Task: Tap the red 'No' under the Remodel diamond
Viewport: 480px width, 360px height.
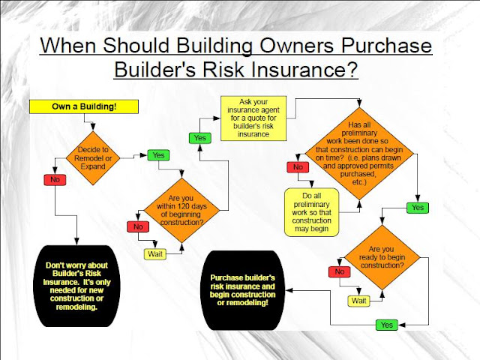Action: [x=55, y=180]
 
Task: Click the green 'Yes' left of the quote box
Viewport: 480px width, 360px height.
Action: [x=200, y=138]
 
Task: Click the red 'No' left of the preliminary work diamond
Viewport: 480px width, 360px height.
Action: [x=298, y=167]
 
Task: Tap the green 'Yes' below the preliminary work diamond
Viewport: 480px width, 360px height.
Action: [x=417, y=207]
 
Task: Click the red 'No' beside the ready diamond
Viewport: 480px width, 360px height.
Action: [x=340, y=272]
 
